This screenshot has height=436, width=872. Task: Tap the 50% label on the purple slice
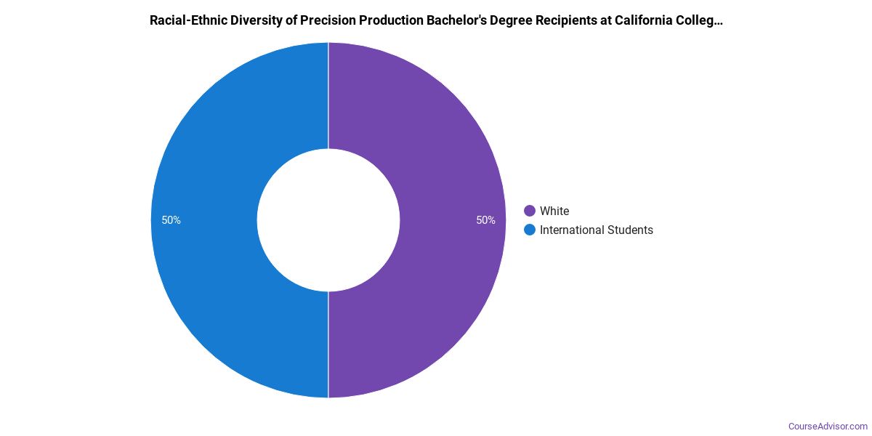click(486, 220)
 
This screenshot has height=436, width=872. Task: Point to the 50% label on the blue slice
click(171, 220)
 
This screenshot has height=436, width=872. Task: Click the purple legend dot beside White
click(530, 211)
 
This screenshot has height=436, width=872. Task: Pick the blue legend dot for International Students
click(530, 230)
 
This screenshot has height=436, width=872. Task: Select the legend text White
click(554, 211)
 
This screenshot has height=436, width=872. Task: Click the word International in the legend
click(570, 230)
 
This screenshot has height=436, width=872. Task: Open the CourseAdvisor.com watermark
click(828, 426)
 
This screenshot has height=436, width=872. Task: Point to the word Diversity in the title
click(249, 20)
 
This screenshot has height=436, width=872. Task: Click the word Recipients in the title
click(565, 20)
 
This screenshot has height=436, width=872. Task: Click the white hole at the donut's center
click(328, 220)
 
